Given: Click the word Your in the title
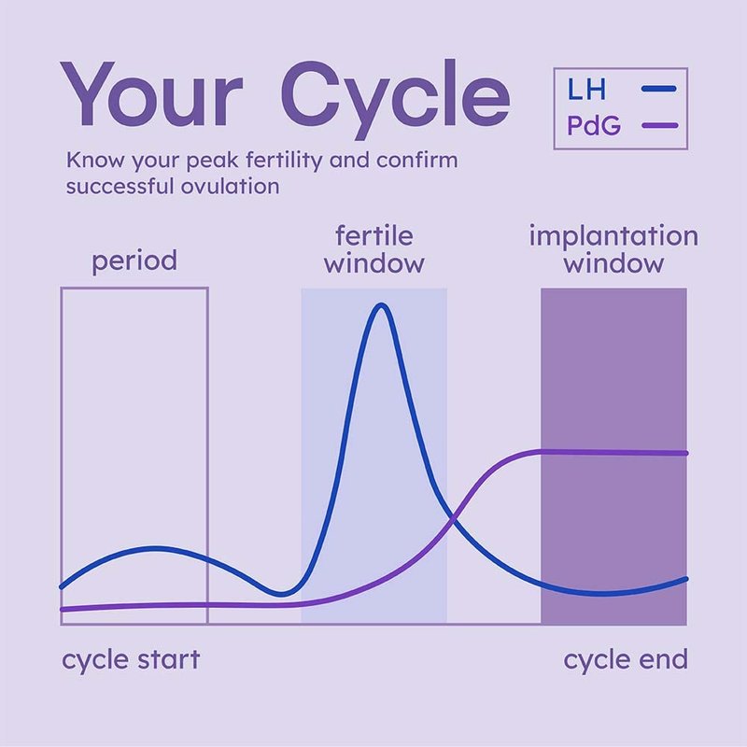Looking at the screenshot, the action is point(151,93).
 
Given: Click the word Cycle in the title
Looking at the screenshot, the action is point(395,99).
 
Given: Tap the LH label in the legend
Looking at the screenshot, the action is point(586,89).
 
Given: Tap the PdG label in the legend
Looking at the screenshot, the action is point(594,126).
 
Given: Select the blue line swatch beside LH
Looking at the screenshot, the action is point(659,89).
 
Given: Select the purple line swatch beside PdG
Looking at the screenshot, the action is point(660,126).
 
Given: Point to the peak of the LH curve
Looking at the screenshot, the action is point(382,305).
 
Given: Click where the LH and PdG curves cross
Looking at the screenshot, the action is point(453,518).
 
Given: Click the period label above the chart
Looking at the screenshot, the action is point(134,261).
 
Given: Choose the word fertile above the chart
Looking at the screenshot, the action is point(374,235).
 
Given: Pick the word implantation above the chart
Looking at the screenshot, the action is point(613,237).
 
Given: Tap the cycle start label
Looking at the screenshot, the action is point(131,661).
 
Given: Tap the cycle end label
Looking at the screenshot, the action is point(626,661).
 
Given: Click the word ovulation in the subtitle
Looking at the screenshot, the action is point(230,186).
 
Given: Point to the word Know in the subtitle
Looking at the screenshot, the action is point(96,160).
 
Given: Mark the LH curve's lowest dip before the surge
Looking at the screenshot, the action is point(281,594).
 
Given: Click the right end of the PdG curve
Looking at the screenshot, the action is point(686,454).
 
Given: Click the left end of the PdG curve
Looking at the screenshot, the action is point(62,610).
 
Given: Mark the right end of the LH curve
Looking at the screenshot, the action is point(686,579).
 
